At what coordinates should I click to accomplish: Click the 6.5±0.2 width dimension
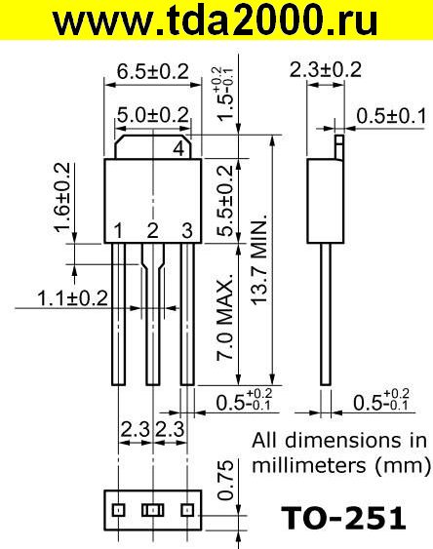(152, 71)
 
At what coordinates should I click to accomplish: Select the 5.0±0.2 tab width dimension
(152, 115)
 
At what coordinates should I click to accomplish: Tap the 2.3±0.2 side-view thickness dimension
(325, 69)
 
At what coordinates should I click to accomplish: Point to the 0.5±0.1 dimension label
(391, 116)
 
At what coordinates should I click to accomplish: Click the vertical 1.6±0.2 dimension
(62, 197)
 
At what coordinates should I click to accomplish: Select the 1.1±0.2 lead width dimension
(72, 298)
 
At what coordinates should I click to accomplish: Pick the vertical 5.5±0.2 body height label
(224, 201)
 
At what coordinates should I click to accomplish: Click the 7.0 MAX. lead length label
(224, 316)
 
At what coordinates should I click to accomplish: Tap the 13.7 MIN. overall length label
(259, 258)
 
